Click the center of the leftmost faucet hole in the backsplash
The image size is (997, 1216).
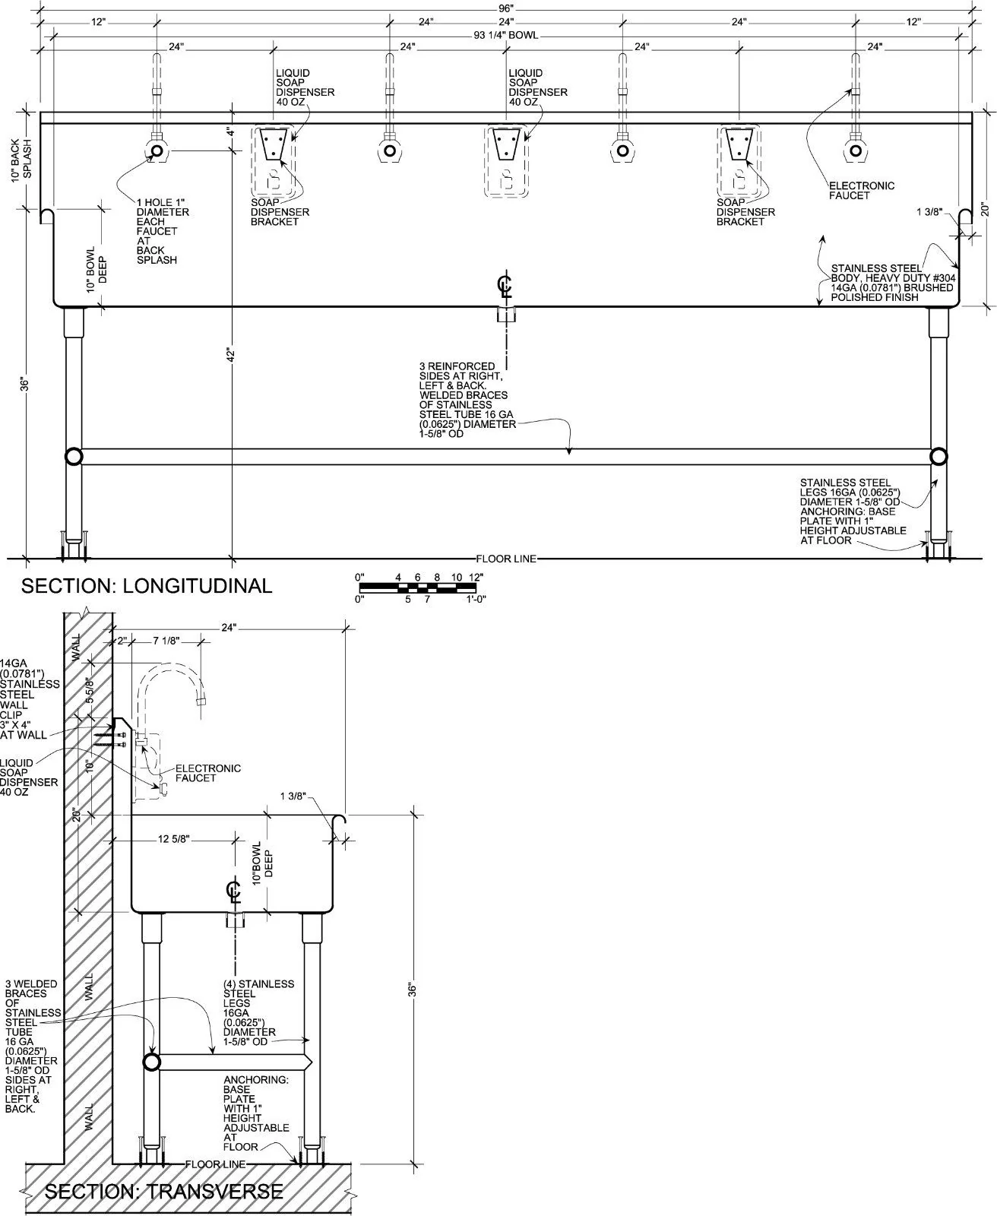point(157,151)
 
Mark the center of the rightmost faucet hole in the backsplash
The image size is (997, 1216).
point(855,151)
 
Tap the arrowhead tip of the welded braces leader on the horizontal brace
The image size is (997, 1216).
point(569,454)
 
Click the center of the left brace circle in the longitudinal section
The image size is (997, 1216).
point(74,457)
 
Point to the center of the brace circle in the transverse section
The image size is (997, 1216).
point(151,1062)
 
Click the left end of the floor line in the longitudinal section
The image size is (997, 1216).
point(7,558)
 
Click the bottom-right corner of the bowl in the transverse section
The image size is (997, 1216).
point(333,913)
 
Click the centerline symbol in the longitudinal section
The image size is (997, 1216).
point(505,287)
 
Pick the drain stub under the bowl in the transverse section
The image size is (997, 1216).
point(235,920)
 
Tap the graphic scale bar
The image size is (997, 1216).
point(418,587)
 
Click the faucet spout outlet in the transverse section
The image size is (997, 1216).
point(201,701)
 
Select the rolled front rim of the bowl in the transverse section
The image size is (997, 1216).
point(340,825)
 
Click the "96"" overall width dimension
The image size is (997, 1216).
point(505,8)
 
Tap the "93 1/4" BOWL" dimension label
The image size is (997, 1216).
point(505,35)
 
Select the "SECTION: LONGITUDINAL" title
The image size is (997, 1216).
point(147,586)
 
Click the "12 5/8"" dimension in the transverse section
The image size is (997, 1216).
point(173,839)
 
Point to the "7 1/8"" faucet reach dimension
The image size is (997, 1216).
point(166,641)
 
